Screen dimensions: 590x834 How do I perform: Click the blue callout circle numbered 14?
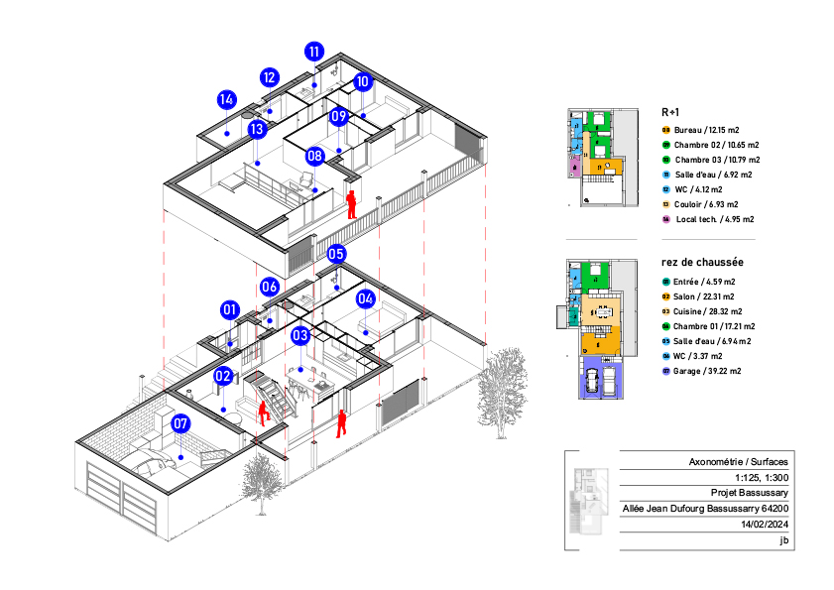(x=227, y=99)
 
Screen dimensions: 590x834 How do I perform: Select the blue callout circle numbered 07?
(x=180, y=423)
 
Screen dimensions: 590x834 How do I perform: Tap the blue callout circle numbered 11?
(x=314, y=52)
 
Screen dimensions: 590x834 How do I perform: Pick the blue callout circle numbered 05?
(x=336, y=254)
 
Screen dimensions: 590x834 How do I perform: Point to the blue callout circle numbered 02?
(x=223, y=376)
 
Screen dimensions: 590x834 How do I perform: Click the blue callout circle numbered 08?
(x=315, y=156)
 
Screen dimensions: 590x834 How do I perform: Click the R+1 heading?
(x=670, y=112)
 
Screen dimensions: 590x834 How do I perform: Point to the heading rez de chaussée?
(x=702, y=263)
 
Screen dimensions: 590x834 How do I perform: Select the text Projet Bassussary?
(x=751, y=493)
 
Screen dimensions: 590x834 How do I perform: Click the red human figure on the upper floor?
(x=351, y=204)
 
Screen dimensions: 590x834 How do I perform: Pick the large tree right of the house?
(x=502, y=382)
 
